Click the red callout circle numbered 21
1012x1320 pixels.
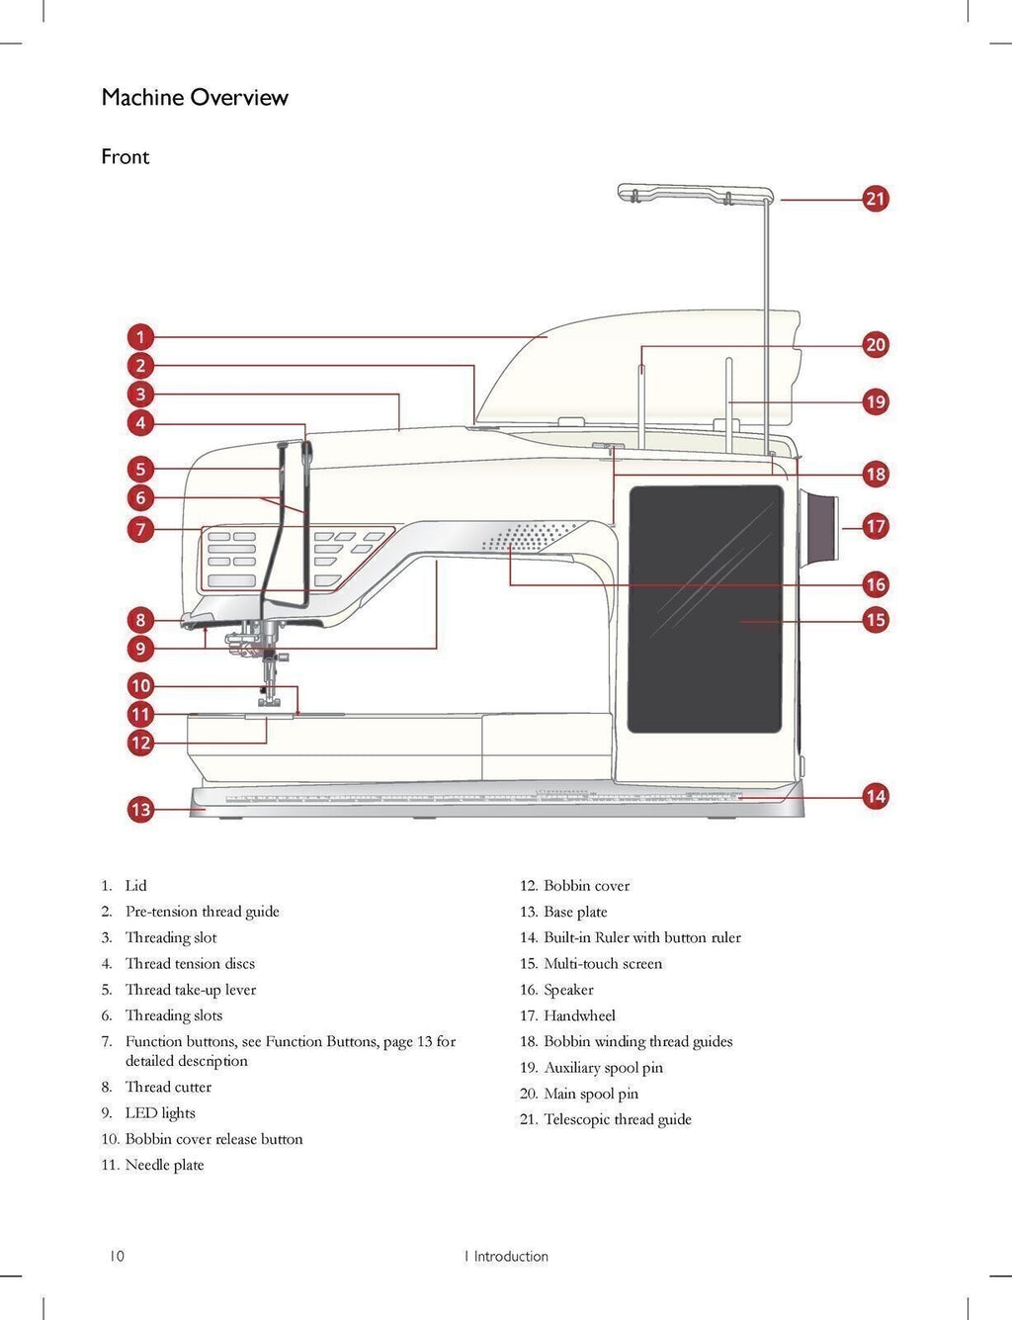click(876, 199)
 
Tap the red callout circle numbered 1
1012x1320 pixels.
click(140, 337)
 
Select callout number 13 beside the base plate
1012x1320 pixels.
click(140, 810)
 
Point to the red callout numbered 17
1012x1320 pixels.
click(876, 526)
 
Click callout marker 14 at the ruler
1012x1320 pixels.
click(876, 796)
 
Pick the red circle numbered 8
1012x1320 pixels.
click(140, 621)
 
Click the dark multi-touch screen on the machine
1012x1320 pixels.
click(706, 609)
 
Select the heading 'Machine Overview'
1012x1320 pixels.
click(195, 97)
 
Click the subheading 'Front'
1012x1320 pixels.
click(126, 156)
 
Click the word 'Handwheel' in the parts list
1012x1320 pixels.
click(579, 1015)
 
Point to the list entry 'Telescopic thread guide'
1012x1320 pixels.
click(617, 1119)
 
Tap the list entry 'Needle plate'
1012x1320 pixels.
click(164, 1165)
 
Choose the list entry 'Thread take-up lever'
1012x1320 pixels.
click(190, 990)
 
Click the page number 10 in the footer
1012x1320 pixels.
click(117, 1257)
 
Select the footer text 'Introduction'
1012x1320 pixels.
click(510, 1257)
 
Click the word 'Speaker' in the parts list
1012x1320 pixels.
click(568, 990)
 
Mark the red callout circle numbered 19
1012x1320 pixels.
click(876, 402)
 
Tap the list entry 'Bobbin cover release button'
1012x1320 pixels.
click(213, 1139)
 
